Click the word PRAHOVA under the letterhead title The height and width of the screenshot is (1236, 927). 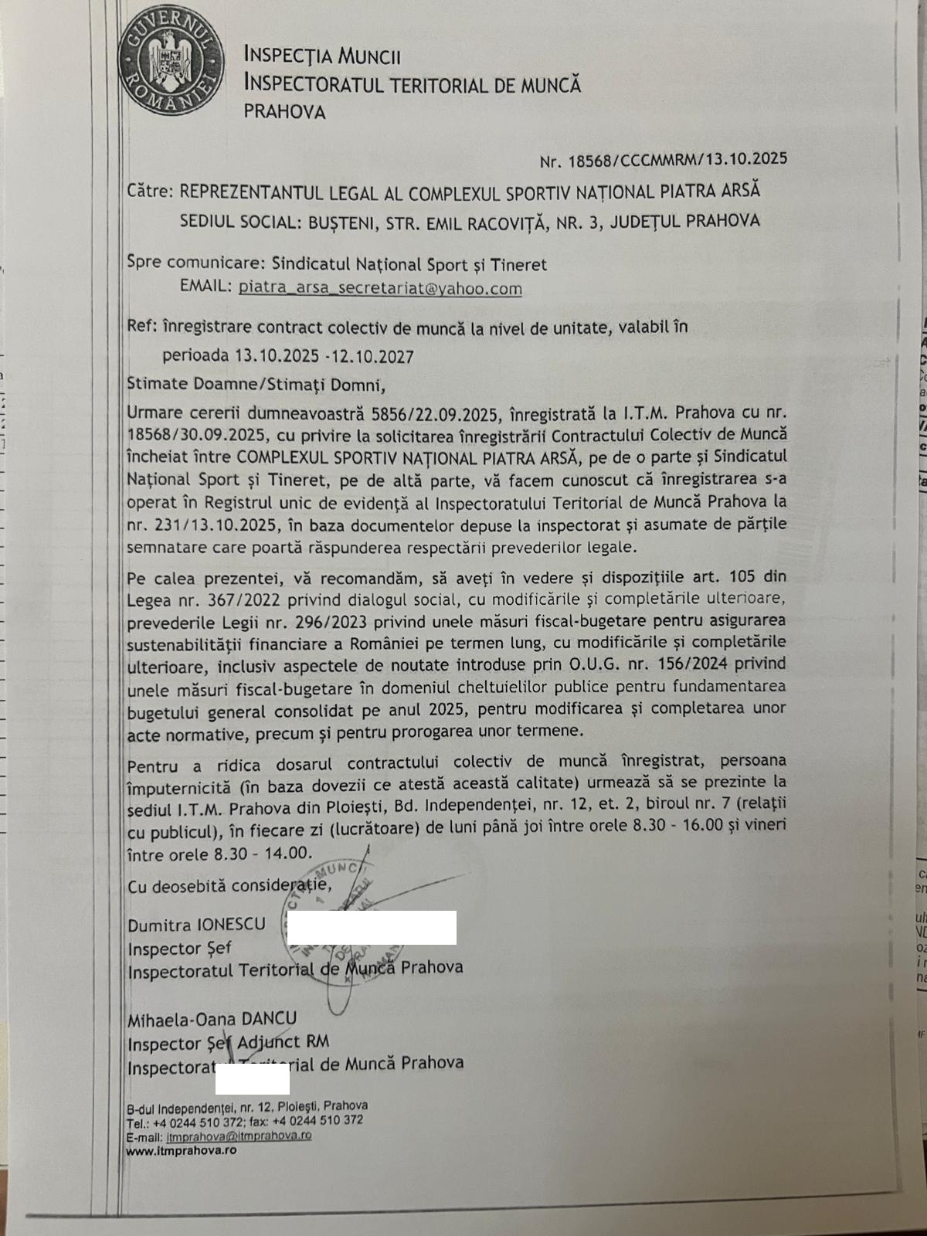tap(284, 112)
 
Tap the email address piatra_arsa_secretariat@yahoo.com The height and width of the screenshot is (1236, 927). tap(380, 288)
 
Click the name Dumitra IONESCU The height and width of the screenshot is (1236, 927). tap(196, 925)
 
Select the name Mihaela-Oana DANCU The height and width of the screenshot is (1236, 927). tap(212, 1019)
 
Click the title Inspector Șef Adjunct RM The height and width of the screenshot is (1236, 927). tap(228, 1043)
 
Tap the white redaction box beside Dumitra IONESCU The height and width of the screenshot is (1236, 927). tap(372, 928)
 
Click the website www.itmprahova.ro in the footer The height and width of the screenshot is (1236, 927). tap(182, 1150)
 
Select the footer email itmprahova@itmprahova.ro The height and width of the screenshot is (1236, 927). tap(239, 1136)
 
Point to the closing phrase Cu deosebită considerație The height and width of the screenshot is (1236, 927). tap(229, 886)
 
